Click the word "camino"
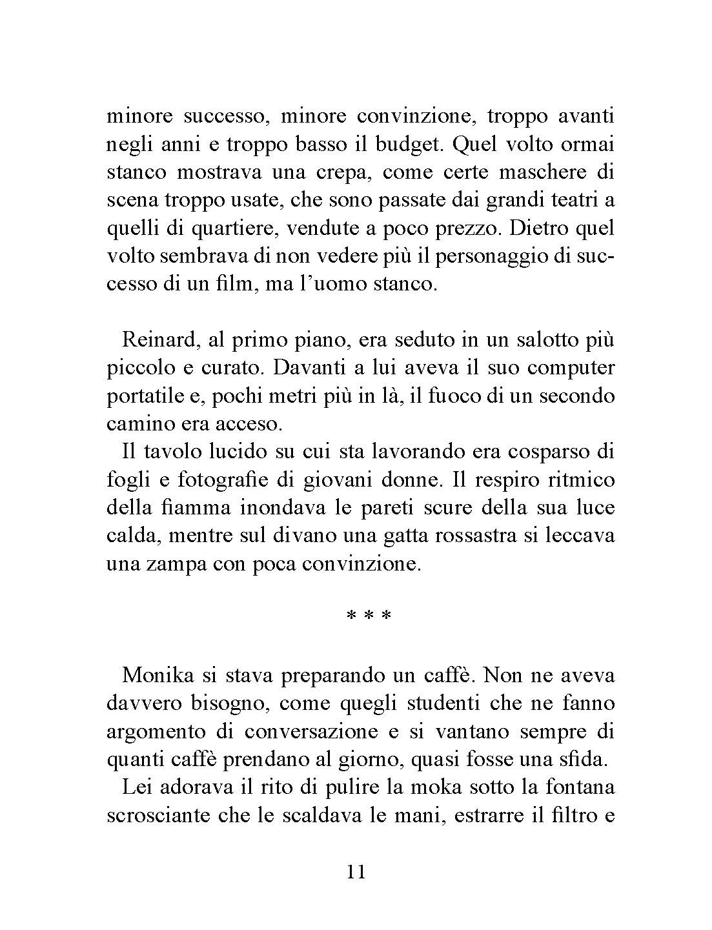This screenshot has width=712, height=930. click(x=135, y=424)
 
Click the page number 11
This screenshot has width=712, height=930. click(x=356, y=873)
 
